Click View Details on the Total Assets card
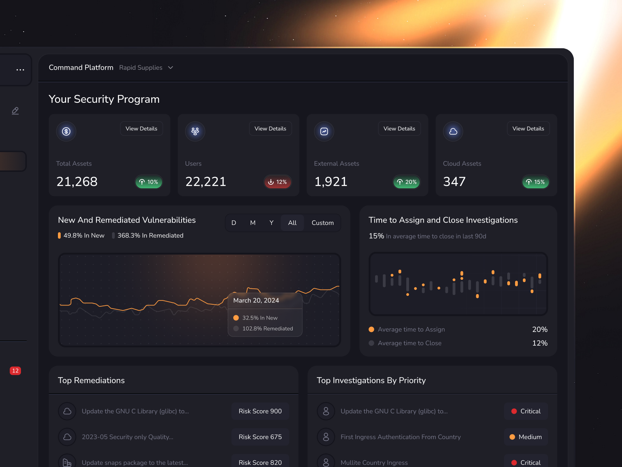coord(142,129)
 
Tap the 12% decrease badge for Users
coord(278,182)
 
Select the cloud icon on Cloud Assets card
coord(453,132)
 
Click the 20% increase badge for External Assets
coord(407,182)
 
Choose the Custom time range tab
coord(323,223)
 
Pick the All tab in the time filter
coord(292,223)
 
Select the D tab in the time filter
coord(234,223)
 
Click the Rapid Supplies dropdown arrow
coord(170,68)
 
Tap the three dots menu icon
coord(20,70)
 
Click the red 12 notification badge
coord(16,371)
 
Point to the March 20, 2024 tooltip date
coord(256,300)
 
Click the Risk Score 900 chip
coord(260,411)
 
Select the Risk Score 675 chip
coord(260,437)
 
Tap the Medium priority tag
coord(526,437)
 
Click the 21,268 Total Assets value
coord(77,182)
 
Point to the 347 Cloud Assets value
coord(454,182)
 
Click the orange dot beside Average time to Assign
coord(371,330)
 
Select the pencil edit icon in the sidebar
coord(15,111)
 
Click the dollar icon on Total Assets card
coord(66,132)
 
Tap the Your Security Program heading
coord(104,99)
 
